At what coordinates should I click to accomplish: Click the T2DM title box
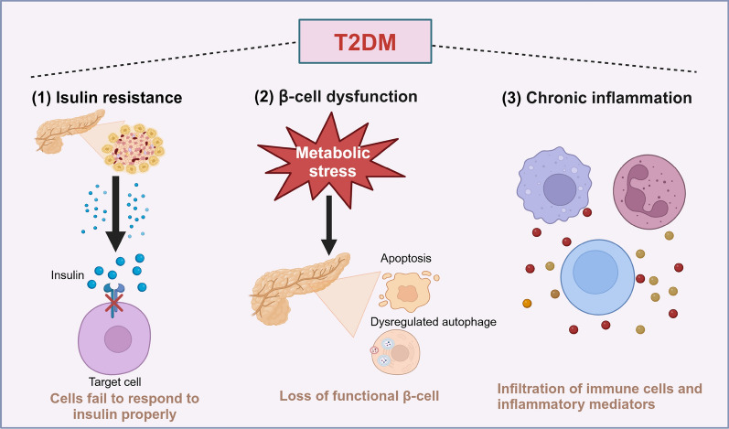[365, 41]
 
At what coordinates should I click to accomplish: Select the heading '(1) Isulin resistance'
[107, 98]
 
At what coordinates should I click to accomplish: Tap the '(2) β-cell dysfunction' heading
[336, 96]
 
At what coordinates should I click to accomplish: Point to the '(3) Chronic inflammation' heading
[597, 98]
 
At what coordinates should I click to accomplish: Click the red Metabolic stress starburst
[331, 159]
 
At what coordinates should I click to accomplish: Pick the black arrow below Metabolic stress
[328, 225]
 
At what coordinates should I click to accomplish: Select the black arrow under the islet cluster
[116, 214]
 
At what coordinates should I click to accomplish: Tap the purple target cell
[114, 338]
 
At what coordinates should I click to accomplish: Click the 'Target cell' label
[115, 382]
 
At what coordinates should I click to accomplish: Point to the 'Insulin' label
[68, 275]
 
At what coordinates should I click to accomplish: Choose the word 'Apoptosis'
[406, 258]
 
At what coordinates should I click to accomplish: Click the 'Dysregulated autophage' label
[434, 322]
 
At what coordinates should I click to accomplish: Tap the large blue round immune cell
[597, 277]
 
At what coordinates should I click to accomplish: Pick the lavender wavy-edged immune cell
[554, 185]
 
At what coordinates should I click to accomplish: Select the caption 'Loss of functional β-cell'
[359, 396]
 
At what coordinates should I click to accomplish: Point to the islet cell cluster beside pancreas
[134, 147]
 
